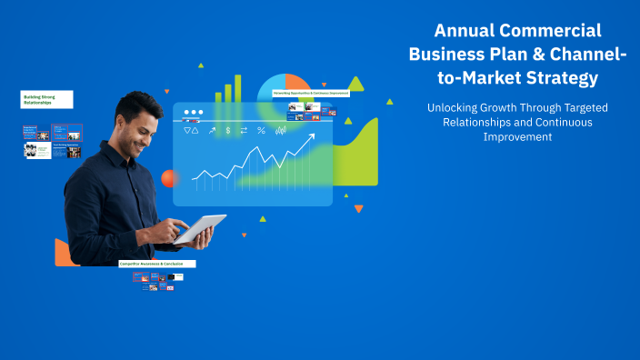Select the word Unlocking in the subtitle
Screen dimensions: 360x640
(x=457, y=107)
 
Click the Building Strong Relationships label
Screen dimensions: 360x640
(x=46, y=99)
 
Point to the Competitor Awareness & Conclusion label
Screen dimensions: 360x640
(x=157, y=264)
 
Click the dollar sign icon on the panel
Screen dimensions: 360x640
(x=243, y=131)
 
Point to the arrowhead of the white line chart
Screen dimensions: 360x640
(x=312, y=137)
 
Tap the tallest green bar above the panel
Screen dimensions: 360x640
(x=238, y=87)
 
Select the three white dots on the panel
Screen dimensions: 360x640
(x=194, y=114)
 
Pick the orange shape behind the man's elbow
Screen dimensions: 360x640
(x=64, y=252)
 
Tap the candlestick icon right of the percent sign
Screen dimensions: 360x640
(x=281, y=131)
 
